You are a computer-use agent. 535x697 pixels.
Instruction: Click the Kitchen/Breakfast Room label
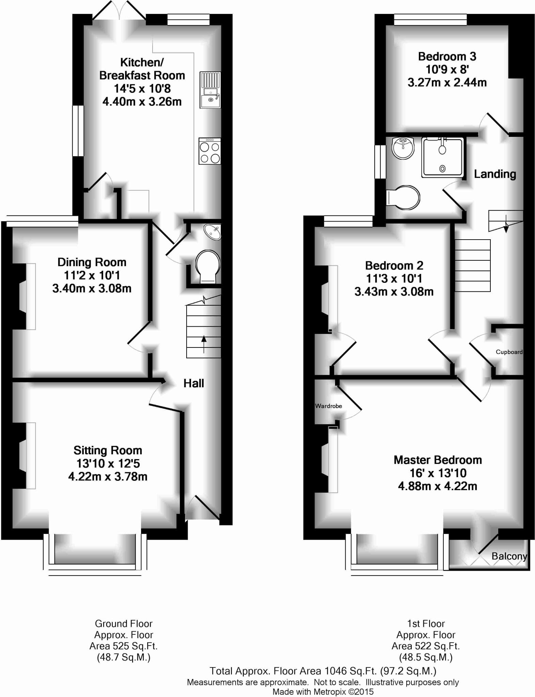point(142,69)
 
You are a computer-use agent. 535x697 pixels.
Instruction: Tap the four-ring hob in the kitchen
point(210,151)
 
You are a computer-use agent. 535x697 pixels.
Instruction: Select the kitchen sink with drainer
point(210,90)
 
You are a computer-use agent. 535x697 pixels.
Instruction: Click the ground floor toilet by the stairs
point(207,266)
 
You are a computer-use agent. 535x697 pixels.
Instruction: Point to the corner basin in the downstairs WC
point(213,232)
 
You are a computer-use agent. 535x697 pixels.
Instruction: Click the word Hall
point(193,383)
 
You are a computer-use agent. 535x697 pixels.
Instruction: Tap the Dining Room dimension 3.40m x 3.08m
point(92,289)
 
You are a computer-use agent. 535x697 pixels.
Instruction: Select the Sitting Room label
point(108,450)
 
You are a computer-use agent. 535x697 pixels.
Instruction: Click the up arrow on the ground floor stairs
point(204,343)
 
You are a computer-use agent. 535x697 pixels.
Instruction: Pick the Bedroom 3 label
point(447,56)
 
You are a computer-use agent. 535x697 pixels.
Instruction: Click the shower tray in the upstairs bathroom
point(442,157)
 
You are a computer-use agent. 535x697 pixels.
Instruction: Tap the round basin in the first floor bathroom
point(403,148)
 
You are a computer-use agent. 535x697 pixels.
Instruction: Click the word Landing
point(495,174)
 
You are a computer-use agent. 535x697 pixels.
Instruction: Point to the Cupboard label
point(509,352)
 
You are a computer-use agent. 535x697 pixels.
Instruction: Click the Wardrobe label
point(328,406)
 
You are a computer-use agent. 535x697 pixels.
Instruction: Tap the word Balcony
point(509,556)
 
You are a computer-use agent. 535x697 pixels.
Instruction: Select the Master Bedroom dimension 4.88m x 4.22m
point(438,486)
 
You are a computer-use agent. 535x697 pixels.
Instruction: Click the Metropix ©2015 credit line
point(323,692)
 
